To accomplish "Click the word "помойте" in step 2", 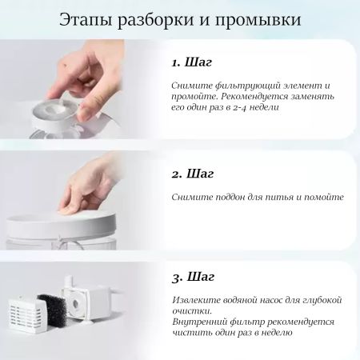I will [x=323, y=197].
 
